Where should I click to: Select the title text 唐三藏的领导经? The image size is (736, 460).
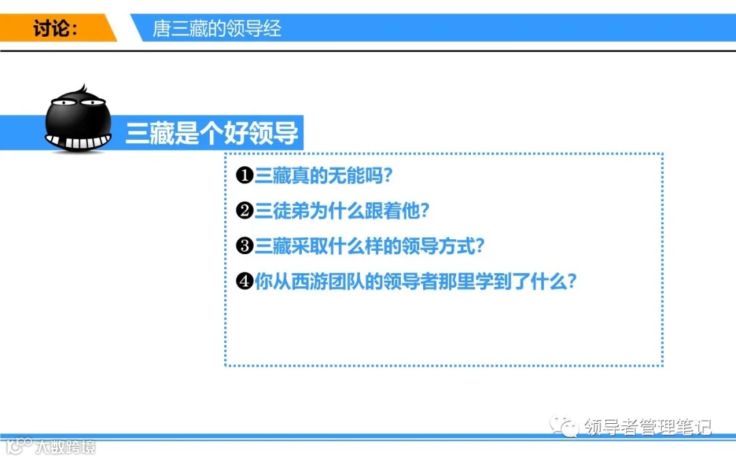tap(217, 29)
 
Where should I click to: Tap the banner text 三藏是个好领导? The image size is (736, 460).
tap(212, 134)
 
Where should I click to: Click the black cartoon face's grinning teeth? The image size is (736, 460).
tap(78, 142)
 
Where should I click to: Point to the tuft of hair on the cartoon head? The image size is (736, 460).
tap(81, 91)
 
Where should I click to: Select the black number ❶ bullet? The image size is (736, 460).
tap(245, 176)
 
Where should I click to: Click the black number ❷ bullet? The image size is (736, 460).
tap(245, 211)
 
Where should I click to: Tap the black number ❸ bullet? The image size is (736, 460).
tap(245, 246)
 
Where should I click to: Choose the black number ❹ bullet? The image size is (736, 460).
tap(245, 281)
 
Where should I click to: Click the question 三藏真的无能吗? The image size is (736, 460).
tap(324, 176)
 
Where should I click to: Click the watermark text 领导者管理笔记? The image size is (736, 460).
tap(648, 427)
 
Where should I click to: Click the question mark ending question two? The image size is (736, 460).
tap(425, 211)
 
